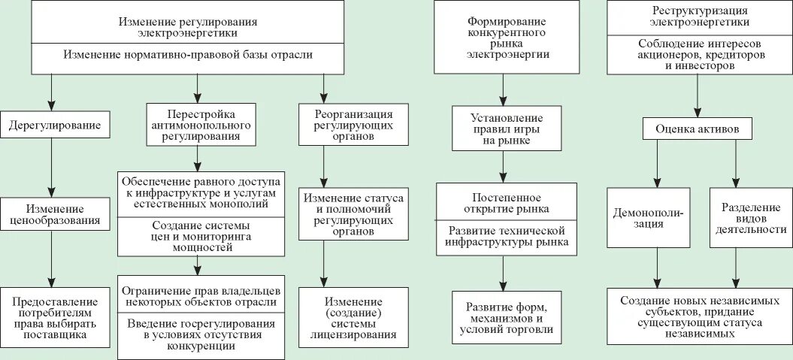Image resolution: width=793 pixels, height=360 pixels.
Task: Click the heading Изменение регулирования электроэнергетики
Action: pyautogui.click(x=187, y=27)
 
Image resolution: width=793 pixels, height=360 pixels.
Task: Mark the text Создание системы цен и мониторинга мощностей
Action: pyautogui.click(x=199, y=235)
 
